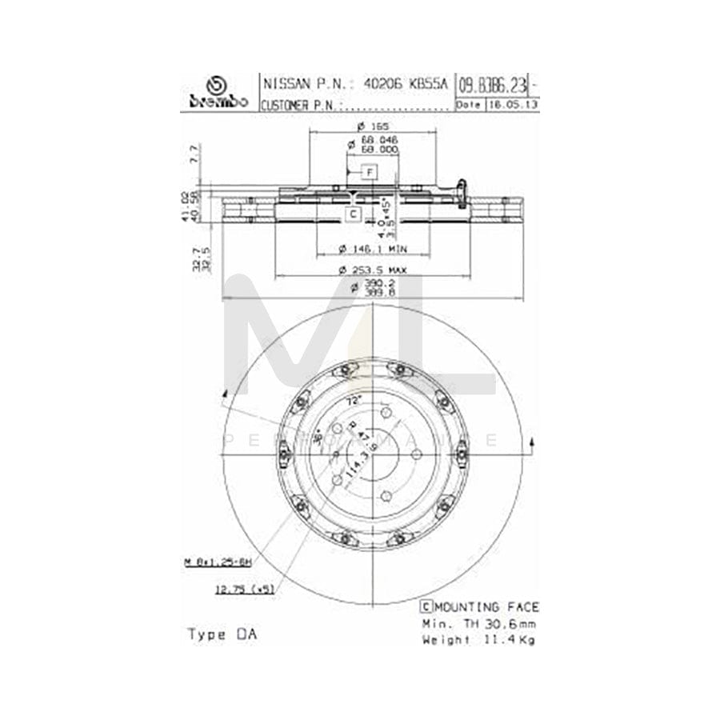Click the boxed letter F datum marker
pyautogui.click(x=369, y=172)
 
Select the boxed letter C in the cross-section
pyautogui.click(x=353, y=214)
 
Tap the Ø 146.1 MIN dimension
pyautogui.click(x=373, y=247)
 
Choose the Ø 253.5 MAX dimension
pyautogui.click(x=373, y=270)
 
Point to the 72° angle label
pyautogui.click(x=354, y=399)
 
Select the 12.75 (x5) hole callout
pyautogui.click(x=244, y=589)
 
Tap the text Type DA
pyautogui.click(x=222, y=634)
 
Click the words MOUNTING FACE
pyautogui.click(x=486, y=607)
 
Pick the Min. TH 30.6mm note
pyautogui.click(x=478, y=623)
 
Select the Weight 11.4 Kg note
pyautogui.click(x=478, y=639)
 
